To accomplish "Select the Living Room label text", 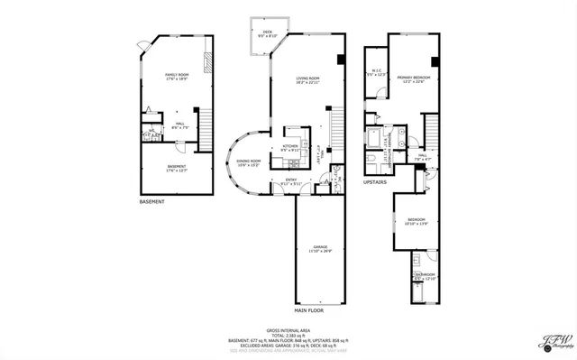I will point(309,81).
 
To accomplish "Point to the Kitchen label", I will point(290,148).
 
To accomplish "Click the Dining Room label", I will point(247,163).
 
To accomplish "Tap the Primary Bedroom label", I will point(415,79).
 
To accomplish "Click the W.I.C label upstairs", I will point(377,73).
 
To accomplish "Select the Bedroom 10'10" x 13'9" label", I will point(416,221).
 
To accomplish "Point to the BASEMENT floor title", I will point(152,201).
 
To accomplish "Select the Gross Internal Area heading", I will point(288,331).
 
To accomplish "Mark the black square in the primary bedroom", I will point(434,62).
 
